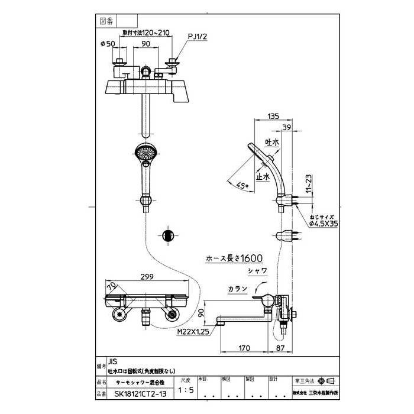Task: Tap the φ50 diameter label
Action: [x=108, y=44]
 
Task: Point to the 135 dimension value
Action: [x=273, y=117]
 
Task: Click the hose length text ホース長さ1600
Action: [x=234, y=258]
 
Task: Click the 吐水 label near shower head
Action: [x=271, y=142]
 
